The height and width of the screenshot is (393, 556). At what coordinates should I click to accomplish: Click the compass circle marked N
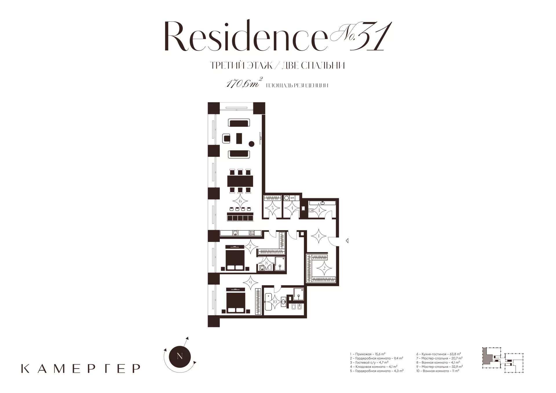(x=180, y=356)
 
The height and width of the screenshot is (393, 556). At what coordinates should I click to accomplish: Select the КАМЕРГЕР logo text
(x=81, y=368)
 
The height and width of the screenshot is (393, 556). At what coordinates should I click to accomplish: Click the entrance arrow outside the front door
(x=347, y=240)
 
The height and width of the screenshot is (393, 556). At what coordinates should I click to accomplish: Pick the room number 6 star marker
(x=240, y=201)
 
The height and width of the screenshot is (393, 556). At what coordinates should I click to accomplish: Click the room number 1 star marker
(x=319, y=236)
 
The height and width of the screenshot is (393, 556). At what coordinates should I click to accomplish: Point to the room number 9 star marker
(x=251, y=282)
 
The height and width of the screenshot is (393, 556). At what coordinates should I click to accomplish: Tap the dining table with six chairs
(x=240, y=181)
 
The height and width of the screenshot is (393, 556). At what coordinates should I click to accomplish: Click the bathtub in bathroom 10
(x=268, y=302)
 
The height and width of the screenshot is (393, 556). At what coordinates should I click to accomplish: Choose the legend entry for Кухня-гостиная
(x=439, y=354)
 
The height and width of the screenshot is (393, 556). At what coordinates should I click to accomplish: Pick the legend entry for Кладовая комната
(x=374, y=366)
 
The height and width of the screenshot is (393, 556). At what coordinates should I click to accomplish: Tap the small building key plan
(x=503, y=360)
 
